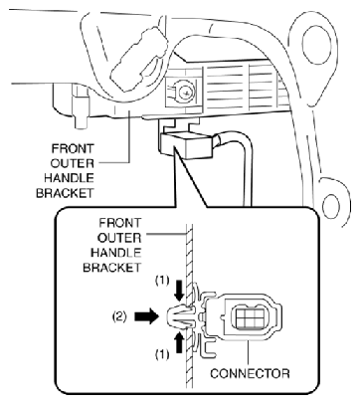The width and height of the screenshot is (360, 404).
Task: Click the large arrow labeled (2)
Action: tap(146, 316)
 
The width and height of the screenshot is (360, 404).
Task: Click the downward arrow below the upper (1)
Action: tap(180, 291)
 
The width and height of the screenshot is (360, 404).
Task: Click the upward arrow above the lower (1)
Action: tap(179, 342)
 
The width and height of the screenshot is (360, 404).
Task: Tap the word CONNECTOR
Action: tap(250, 373)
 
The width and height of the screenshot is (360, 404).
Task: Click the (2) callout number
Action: tap(118, 316)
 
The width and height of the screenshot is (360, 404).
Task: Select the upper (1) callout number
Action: tap(162, 281)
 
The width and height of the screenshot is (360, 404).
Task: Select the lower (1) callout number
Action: tap(162, 354)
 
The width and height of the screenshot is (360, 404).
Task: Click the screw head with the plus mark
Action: tap(184, 93)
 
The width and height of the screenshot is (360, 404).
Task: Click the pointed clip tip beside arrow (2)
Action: tap(168, 316)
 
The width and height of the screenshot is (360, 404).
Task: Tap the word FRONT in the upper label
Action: tap(73, 148)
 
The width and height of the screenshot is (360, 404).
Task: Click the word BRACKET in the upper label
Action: tap(65, 193)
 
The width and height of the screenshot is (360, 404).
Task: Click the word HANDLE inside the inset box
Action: tap(115, 253)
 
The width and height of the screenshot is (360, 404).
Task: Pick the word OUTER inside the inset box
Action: tap(119, 238)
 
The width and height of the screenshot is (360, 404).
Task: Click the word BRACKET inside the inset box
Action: tap(112, 268)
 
